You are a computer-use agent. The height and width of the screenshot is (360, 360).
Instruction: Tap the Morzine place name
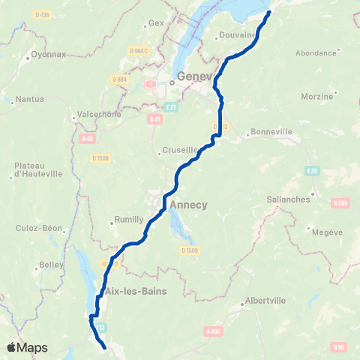(316, 97)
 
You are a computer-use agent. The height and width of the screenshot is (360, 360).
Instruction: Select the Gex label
(156, 22)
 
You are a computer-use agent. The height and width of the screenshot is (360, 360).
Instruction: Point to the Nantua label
(29, 98)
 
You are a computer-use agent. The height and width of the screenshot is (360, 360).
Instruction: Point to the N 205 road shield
(341, 202)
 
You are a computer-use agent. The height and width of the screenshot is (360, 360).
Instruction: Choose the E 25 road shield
(313, 171)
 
